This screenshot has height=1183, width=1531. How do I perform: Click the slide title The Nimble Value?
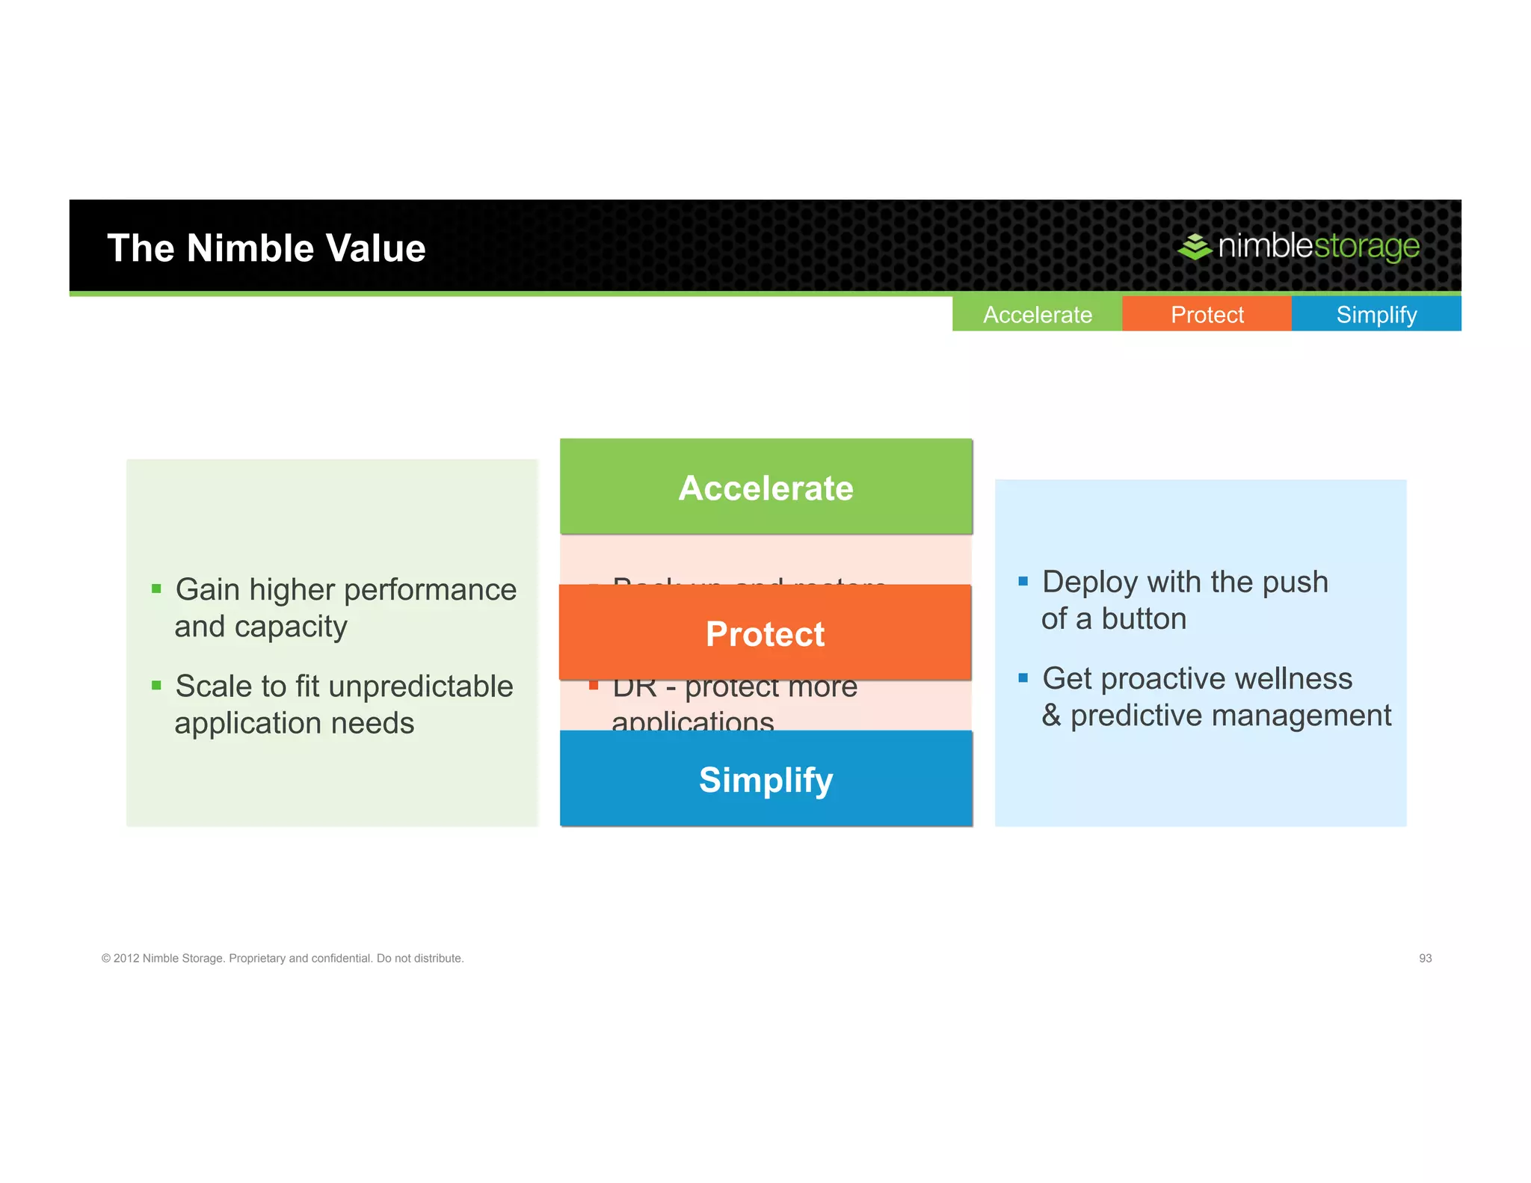pyautogui.click(x=266, y=248)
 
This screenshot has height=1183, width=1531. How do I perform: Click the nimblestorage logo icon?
pyautogui.click(x=1195, y=246)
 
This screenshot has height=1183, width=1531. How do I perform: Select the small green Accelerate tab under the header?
pyautogui.click(x=1037, y=314)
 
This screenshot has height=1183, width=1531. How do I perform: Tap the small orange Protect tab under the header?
pyautogui.click(x=1207, y=314)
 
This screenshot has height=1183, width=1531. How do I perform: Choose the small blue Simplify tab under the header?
pyautogui.click(x=1376, y=314)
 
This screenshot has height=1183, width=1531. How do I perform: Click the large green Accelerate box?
pyautogui.click(x=765, y=488)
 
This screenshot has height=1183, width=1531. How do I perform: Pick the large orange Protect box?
pyautogui.click(x=765, y=633)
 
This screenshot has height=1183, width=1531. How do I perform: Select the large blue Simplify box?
pyautogui.click(x=765, y=779)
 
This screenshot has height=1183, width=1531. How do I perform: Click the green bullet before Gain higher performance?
pyautogui.click(x=156, y=589)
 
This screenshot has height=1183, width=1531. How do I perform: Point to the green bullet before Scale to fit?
pyautogui.click(x=156, y=686)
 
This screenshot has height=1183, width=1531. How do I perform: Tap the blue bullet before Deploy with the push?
pyautogui.click(x=1023, y=581)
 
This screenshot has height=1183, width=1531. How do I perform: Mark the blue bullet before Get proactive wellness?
pyautogui.click(x=1023, y=678)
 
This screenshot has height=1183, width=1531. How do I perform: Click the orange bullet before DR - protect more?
pyautogui.click(x=594, y=685)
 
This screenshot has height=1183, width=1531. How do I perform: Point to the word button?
pyautogui.click(x=1144, y=619)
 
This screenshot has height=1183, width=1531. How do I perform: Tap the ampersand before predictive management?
pyautogui.click(x=1051, y=716)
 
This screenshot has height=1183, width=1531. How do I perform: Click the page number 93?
pyautogui.click(x=1425, y=958)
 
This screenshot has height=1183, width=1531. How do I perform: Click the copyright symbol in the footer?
pyautogui.click(x=106, y=959)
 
